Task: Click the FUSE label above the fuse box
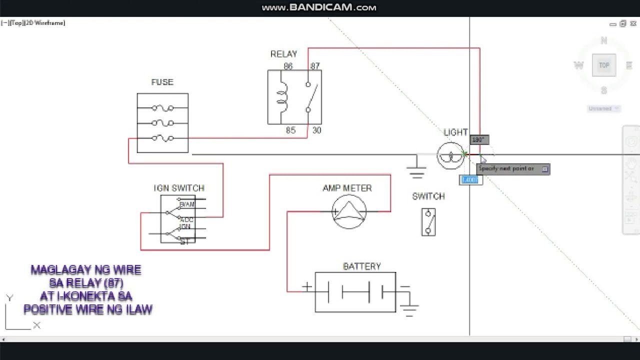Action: click(162, 82)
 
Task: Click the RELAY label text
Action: click(283, 54)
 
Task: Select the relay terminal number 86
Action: click(288, 66)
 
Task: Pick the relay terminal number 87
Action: click(314, 66)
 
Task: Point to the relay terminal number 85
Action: click(290, 130)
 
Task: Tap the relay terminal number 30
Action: click(316, 130)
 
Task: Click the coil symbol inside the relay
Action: click(283, 97)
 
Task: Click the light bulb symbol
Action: click(450, 156)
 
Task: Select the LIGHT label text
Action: click(455, 132)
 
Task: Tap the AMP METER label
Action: click(347, 188)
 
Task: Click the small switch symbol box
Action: click(428, 222)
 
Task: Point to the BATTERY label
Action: click(361, 266)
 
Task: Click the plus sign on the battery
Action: click(306, 287)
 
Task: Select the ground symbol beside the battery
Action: click(409, 310)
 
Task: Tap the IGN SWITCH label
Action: click(179, 188)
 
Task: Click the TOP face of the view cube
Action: click(604, 65)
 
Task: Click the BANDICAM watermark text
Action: click(319, 7)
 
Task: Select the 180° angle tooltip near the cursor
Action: click(478, 140)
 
